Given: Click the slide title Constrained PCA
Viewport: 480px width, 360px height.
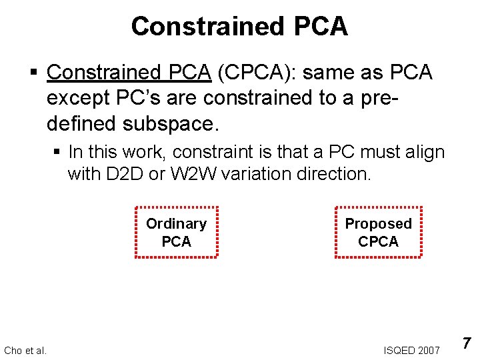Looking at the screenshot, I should click(x=239, y=27).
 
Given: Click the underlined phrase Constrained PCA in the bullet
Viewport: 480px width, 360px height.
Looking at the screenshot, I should click(x=129, y=72).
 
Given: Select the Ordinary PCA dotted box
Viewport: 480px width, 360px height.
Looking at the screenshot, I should click(x=176, y=232).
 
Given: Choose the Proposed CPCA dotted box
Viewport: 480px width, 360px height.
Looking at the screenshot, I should click(x=378, y=232).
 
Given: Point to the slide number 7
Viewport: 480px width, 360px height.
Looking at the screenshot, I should click(x=467, y=344).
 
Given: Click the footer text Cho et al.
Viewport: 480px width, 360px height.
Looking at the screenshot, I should click(x=25, y=350).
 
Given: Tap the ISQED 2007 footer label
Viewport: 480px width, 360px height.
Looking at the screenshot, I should click(x=411, y=350).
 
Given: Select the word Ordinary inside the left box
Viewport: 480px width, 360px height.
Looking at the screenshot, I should click(x=176, y=223).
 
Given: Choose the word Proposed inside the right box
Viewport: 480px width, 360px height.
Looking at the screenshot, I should click(x=378, y=223).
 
